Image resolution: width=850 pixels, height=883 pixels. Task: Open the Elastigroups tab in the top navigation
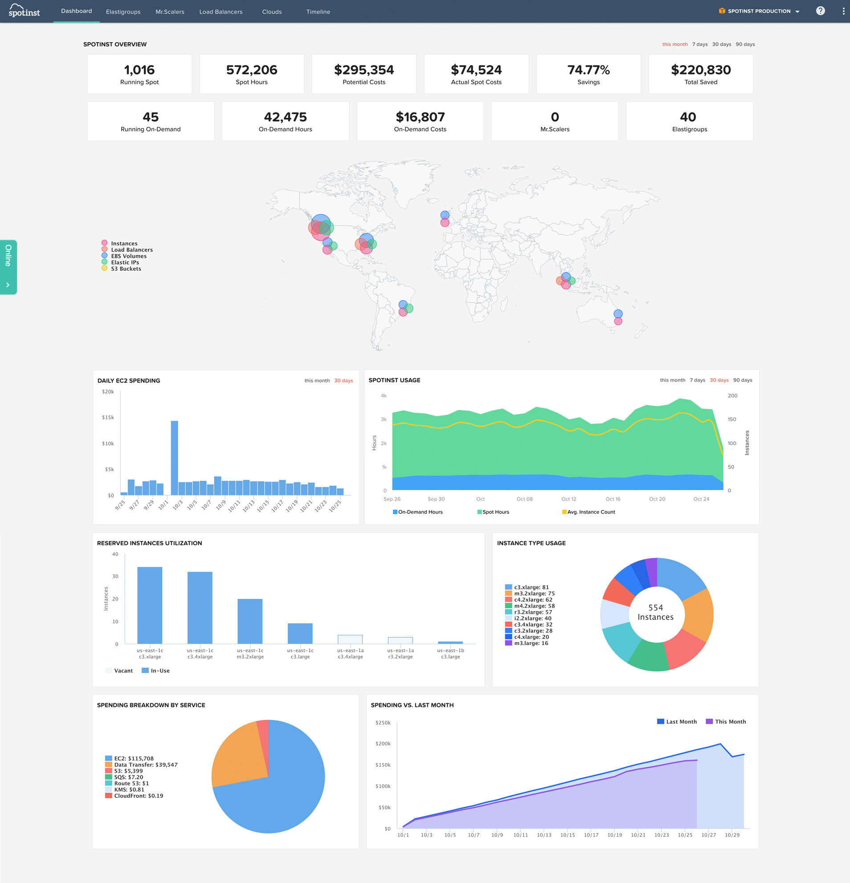123,12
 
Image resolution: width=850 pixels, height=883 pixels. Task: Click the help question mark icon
820,11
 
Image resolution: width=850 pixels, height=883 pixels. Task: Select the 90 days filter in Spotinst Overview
745,44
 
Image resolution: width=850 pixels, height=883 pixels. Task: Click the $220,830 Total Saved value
701,70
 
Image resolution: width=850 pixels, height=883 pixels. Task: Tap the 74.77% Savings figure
588,70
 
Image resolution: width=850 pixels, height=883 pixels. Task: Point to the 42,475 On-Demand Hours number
285,117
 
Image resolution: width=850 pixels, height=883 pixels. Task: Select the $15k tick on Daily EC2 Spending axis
108,417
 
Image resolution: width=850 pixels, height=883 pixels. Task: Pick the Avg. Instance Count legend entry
588,512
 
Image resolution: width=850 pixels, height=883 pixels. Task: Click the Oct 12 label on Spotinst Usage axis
568,499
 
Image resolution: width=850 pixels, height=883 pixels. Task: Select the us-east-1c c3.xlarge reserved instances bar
150,605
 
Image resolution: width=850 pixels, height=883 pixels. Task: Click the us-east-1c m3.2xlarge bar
250,621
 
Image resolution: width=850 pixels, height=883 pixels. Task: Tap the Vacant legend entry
119,670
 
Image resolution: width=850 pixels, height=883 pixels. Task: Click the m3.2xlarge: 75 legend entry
530,593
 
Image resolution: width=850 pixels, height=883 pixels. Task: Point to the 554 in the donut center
655,608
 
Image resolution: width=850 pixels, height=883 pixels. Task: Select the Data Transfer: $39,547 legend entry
141,764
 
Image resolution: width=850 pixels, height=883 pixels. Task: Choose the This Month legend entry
726,721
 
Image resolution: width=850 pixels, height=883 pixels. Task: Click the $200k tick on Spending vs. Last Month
383,744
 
